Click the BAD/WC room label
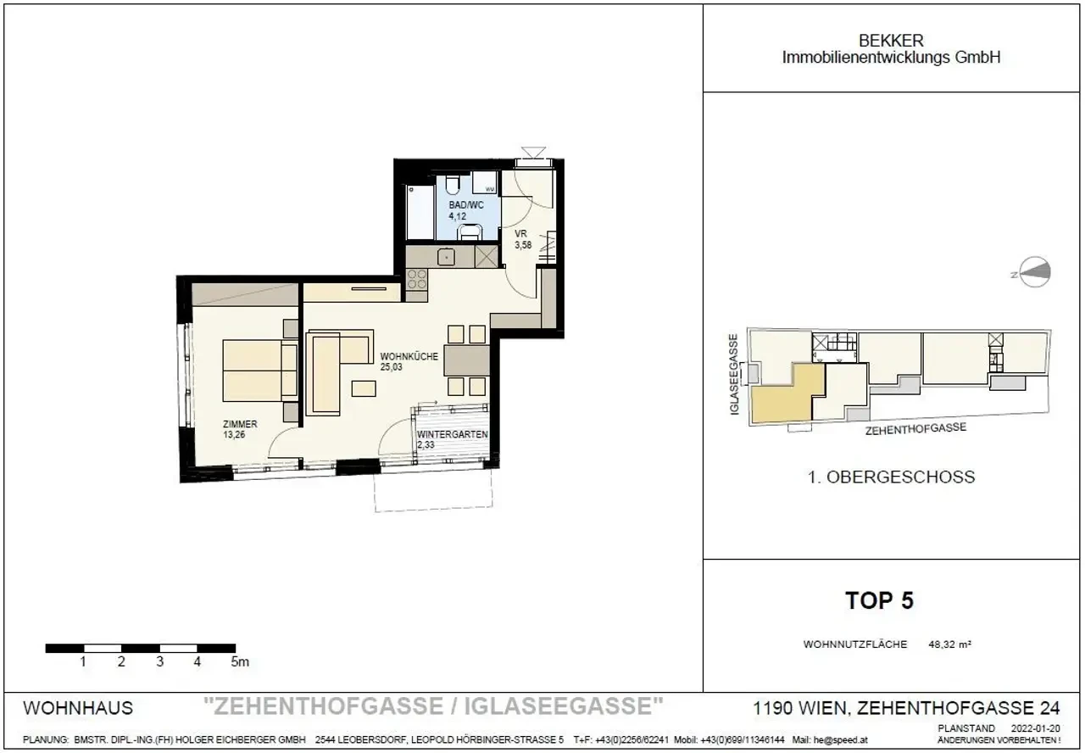(x=465, y=204)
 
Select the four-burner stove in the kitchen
(x=416, y=278)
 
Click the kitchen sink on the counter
(x=447, y=256)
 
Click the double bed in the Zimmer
(x=259, y=371)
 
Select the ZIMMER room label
(x=241, y=425)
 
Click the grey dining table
(x=466, y=360)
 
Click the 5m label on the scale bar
(x=239, y=662)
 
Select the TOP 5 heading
(x=879, y=601)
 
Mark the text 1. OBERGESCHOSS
(x=891, y=477)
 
